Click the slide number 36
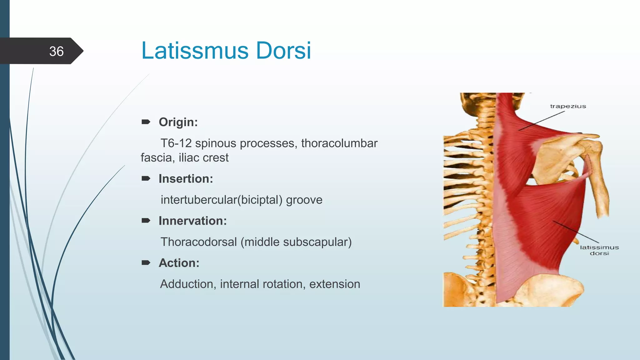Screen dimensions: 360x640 56,51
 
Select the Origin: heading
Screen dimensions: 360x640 178,122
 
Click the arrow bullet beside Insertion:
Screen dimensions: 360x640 146,178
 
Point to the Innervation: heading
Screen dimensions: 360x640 192,221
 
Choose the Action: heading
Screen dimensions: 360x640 179,263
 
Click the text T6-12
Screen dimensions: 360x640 176,143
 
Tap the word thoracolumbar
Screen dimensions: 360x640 339,143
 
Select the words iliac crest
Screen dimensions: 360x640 203,157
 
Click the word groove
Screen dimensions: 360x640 304,200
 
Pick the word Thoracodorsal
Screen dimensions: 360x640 199,242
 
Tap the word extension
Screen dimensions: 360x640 335,284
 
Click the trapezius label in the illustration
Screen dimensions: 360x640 568,106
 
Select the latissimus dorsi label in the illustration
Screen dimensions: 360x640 599,250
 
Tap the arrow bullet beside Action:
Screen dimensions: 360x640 146,262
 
